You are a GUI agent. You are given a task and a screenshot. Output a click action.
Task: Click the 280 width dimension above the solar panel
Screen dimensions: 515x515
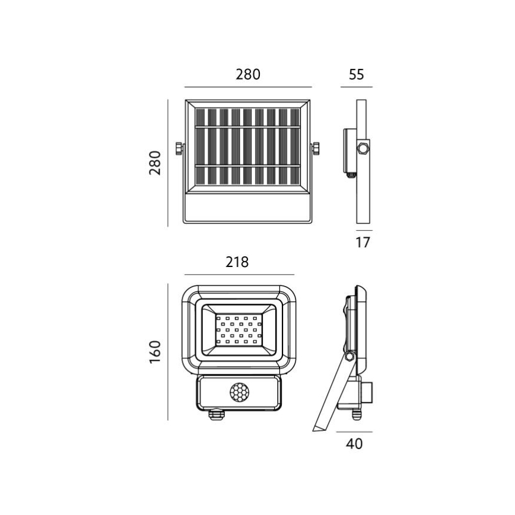(248, 75)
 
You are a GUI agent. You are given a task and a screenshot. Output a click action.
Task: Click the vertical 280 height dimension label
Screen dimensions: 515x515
(155, 163)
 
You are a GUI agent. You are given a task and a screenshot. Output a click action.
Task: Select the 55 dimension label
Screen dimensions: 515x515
(356, 75)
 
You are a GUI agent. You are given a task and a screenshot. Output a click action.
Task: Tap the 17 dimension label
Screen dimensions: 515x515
(363, 242)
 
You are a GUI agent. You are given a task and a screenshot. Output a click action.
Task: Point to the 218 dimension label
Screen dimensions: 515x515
(237, 262)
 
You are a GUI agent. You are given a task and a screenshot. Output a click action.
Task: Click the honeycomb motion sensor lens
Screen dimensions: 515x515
(240, 392)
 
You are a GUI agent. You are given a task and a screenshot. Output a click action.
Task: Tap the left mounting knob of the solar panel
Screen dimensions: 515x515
(178, 148)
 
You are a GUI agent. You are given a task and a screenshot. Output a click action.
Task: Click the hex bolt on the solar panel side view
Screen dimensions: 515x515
(362, 148)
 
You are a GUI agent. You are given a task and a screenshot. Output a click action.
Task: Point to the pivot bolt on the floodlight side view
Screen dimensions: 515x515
(349, 356)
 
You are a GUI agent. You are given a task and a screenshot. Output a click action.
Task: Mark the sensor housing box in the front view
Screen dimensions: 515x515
(240, 392)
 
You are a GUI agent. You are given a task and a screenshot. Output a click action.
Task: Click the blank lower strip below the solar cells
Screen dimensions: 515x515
(247, 209)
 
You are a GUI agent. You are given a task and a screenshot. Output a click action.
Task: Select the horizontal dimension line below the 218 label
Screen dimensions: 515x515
(240, 275)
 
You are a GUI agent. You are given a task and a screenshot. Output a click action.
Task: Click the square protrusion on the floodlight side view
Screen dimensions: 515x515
(368, 391)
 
